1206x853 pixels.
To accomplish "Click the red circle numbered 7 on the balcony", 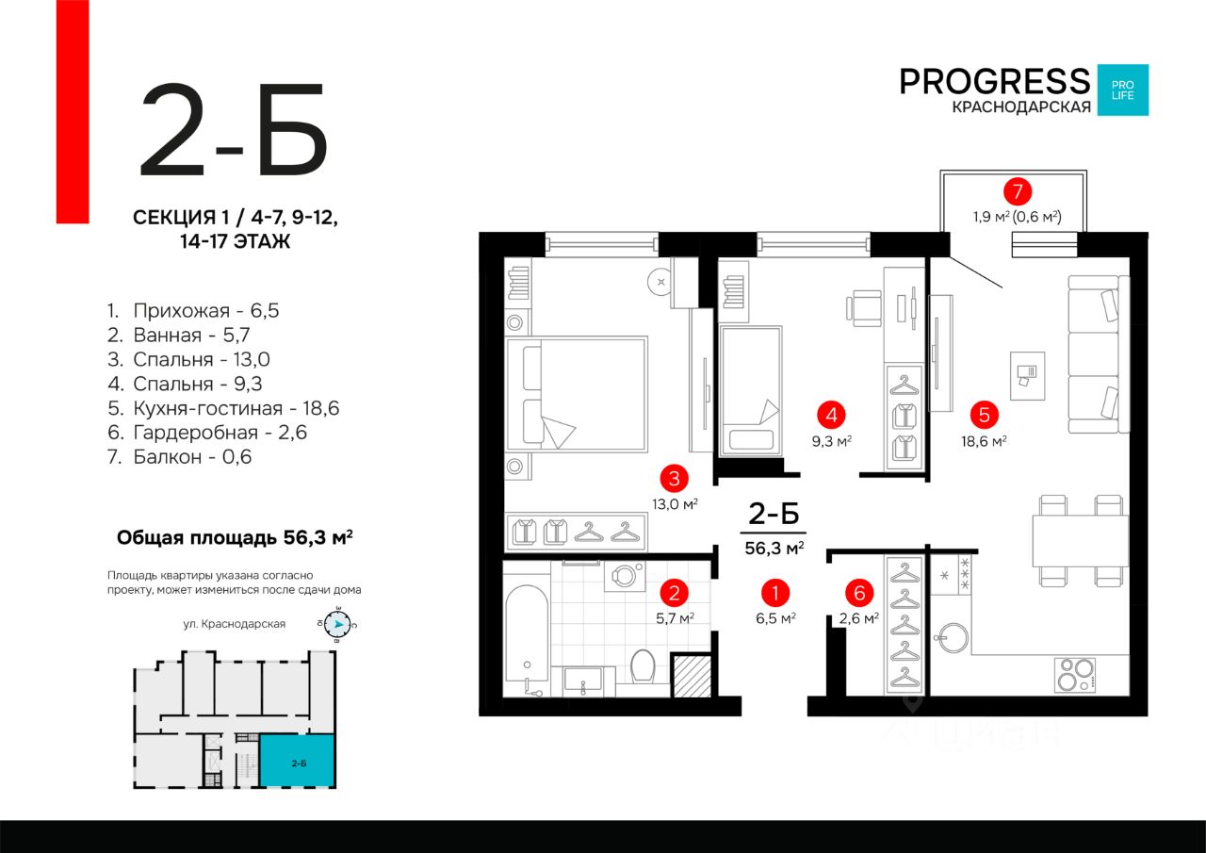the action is click(x=1017, y=191).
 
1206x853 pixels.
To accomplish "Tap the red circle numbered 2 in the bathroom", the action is click(x=674, y=593).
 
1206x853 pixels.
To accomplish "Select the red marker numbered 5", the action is click(x=985, y=415).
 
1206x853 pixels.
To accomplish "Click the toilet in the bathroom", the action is click(x=643, y=666).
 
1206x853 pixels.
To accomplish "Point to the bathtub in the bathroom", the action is click(x=528, y=641).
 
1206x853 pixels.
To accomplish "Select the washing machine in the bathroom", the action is click(x=625, y=576).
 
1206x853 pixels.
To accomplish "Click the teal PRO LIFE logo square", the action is click(x=1123, y=90).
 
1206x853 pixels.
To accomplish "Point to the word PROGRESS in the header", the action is click(x=994, y=82).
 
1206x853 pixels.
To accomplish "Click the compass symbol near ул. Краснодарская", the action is click(x=337, y=625).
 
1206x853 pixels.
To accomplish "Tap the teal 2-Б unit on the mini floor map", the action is click(x=297, y=762).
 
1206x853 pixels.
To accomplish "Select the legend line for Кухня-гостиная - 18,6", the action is click(x=223, y=408).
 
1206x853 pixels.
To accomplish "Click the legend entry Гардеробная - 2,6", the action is click(x=207, y=433).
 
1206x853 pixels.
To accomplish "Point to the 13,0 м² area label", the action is click(x=676, y=504).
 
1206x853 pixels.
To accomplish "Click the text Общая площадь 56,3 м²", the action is click(x=235, y=537).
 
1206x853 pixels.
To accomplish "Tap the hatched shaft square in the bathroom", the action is click(x=692, y=676).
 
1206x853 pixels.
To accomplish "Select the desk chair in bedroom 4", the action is click(x=864, y=308).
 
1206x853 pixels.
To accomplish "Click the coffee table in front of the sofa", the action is click(x=1027, y=376).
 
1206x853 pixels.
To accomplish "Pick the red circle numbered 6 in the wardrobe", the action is click(x=859, y=593).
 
